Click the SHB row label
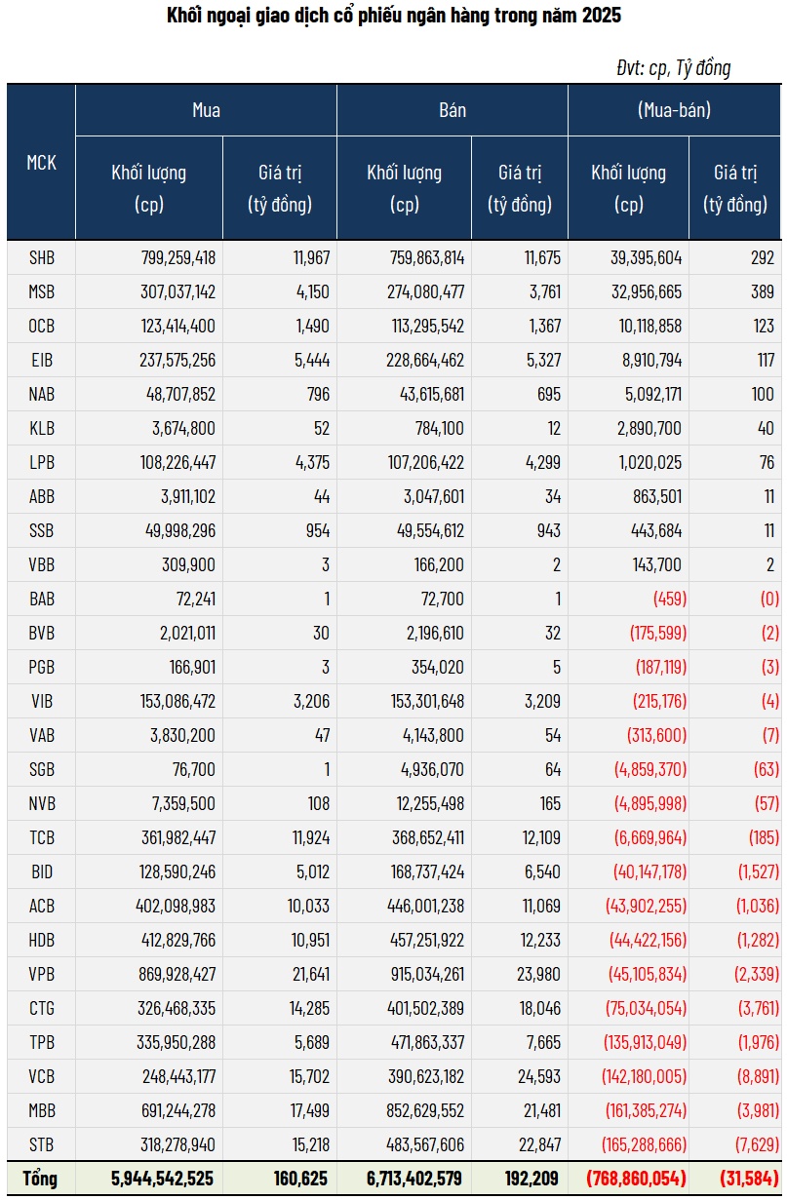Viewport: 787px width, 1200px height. coord(42,257)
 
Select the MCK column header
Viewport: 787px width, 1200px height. coord(41,163)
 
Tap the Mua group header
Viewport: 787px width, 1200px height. coord(206,110)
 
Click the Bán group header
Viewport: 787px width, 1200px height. coord(453,110)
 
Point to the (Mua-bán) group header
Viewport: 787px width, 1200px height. coord(674,110)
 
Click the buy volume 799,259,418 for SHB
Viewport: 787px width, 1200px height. coord(177,257)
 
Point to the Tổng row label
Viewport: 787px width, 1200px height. coord(41,1179)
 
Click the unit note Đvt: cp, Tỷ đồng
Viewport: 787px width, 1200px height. coord(673,67)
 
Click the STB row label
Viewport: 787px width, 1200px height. coord(42,1144)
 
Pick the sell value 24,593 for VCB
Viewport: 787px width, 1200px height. coord(538,1076)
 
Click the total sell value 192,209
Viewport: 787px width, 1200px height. coord(532,1179)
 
